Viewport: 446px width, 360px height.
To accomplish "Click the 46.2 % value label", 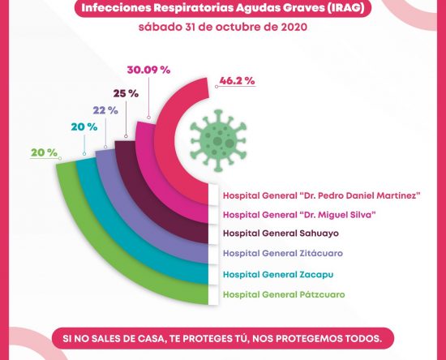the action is click(237, 81).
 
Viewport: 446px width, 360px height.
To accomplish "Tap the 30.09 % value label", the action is click(148, 70).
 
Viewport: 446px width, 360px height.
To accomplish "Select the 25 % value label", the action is click(126, 93).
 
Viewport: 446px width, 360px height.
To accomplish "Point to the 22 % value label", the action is click(105, 110).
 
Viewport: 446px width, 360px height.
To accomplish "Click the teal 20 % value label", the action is click(84, 127).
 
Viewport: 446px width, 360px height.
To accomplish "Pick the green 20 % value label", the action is click(44, 152).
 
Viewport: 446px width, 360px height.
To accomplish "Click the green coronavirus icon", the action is click(218, 141).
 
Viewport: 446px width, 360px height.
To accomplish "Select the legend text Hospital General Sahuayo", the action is click(281, 234).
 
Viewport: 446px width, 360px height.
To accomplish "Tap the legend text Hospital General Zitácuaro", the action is click(283, 253).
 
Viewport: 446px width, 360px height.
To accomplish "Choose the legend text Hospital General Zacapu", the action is click(278, 275).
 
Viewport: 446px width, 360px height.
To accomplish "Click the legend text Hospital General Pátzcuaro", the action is click(284, 294).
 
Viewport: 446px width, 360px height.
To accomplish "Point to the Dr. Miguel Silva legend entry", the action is click(299, 215).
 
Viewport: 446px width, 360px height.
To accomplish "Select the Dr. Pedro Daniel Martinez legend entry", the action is click(322, 195).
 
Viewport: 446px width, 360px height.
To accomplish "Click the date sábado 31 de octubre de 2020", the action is click(223, 28).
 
